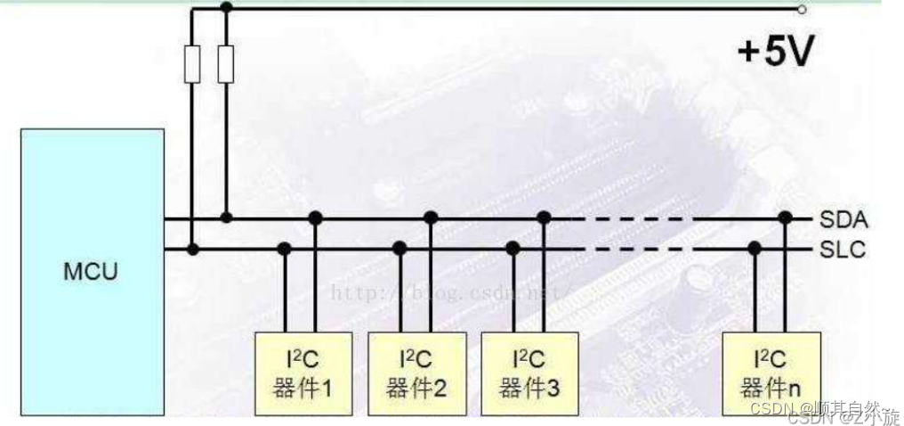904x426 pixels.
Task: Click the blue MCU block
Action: coord(93,271)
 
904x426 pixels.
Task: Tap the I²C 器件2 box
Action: coord(411,373)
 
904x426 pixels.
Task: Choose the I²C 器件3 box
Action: coord(524,373)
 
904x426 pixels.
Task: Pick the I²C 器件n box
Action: coord(763,373)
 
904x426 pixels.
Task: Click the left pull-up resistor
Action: coord(192,65)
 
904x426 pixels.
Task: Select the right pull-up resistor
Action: coord(226,65)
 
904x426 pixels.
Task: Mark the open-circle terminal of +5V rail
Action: coord(802,9)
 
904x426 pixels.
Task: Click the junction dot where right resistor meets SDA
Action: coord(226,217)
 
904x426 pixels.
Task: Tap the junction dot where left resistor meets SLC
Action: coord(192,249)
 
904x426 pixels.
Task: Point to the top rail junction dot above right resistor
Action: coord(226,7)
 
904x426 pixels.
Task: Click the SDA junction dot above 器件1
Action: coord(316,217)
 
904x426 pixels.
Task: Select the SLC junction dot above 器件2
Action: coord(400,249)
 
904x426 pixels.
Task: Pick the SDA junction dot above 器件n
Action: coord(785,217)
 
